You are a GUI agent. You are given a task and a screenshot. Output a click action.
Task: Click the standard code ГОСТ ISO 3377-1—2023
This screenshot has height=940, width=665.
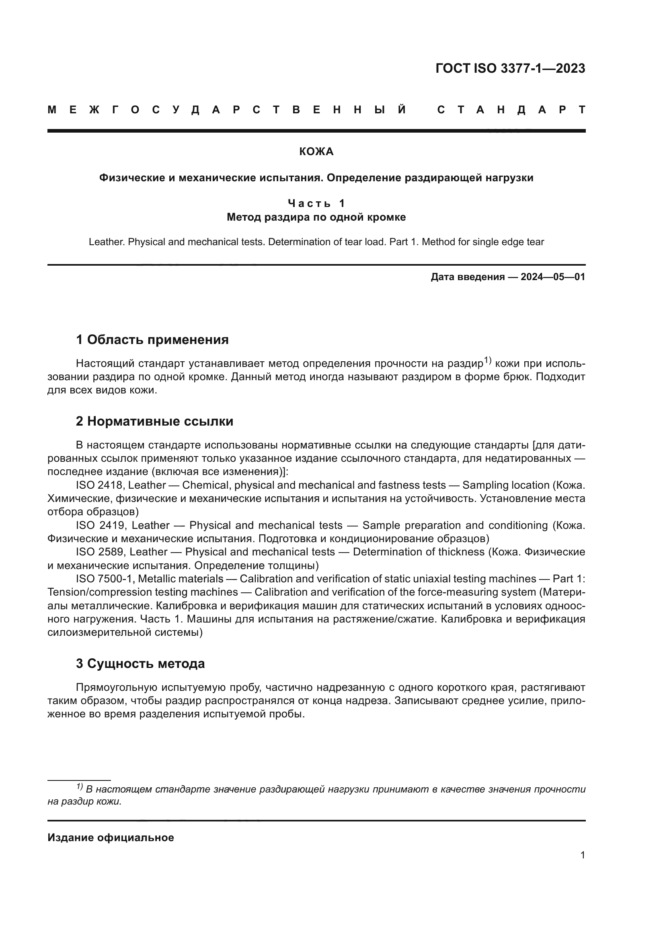point(510,68)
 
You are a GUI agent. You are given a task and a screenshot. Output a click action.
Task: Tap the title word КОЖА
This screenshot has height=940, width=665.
point(316,152)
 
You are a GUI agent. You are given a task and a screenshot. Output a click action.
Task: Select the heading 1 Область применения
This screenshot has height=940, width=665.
point(152,340)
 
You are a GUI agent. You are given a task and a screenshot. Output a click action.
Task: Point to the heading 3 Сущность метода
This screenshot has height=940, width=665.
point(140,663)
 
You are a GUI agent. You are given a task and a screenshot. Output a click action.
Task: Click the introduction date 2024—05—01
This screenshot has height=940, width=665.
point(552,277)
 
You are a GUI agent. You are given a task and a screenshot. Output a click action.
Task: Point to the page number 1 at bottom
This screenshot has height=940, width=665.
point(582,855)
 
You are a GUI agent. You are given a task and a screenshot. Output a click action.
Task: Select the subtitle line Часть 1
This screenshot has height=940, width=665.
point(316,203)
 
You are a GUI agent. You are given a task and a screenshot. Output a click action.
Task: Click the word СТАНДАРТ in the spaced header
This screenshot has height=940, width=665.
point(511,110)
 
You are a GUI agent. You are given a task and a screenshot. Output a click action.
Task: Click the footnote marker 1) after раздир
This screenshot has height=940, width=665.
point(487,360)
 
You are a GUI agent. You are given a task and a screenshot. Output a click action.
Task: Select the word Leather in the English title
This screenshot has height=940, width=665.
point(106,242)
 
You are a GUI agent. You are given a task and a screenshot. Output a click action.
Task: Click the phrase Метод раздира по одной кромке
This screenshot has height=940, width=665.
point(316,217)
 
